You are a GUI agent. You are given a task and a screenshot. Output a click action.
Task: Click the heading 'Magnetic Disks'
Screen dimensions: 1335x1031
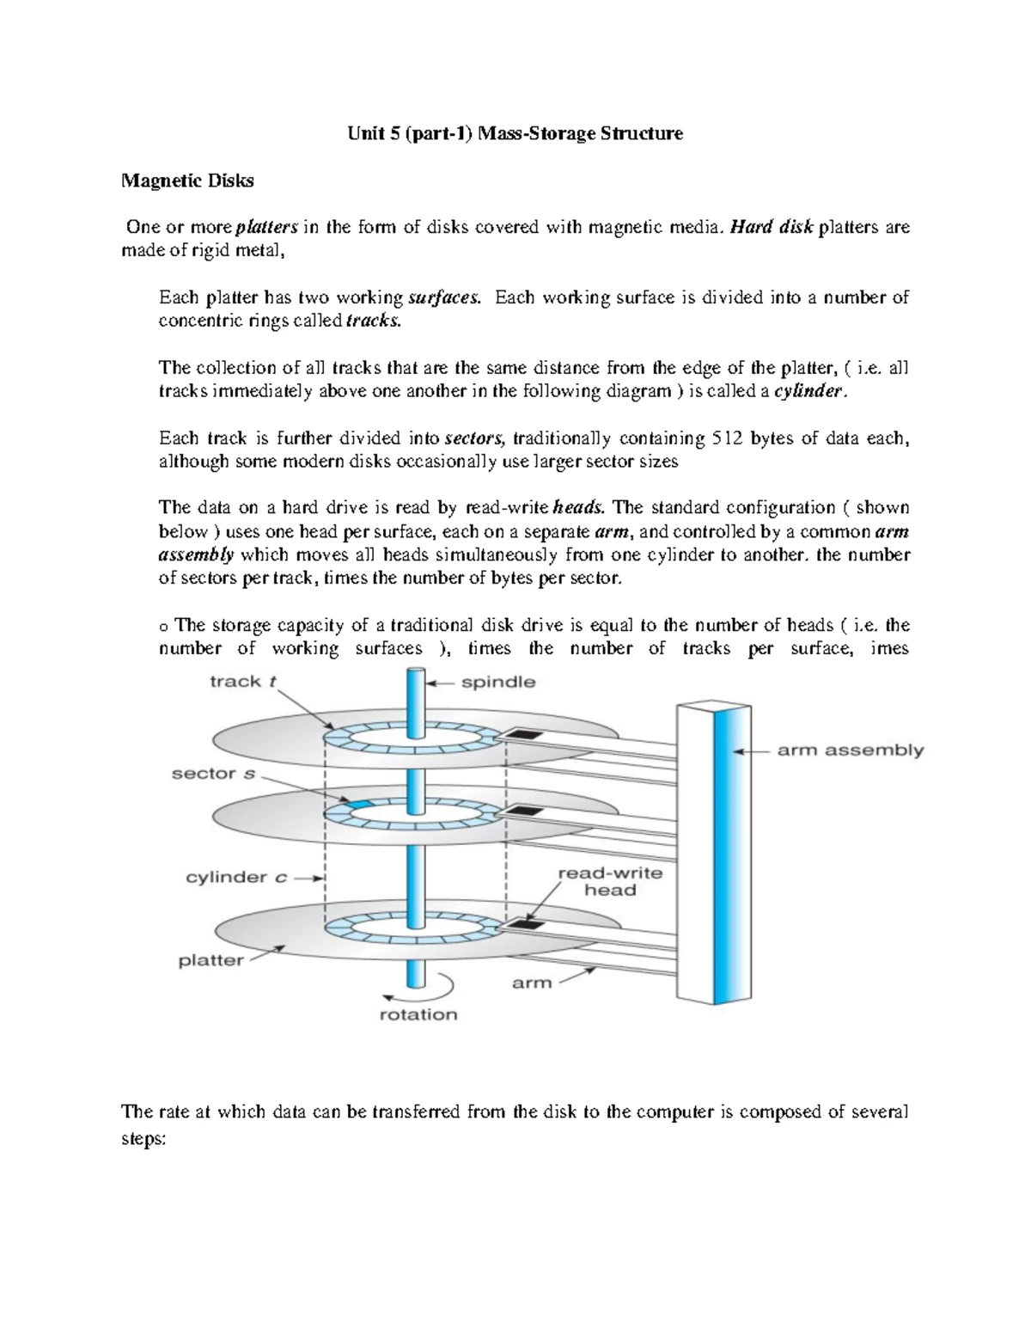[x=187, y=181]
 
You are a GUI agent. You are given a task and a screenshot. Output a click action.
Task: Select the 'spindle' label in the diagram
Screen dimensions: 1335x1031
[x=498, y=683]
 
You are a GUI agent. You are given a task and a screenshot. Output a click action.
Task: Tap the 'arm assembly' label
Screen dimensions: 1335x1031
[x=850, y=750]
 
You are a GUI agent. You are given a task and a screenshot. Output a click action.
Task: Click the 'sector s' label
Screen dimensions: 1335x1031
[x=213, y=774]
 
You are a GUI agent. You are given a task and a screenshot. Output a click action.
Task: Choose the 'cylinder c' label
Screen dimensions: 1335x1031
[x=236, y=878]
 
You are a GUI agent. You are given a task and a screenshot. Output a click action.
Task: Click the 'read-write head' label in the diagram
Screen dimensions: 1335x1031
[x=609, y=882]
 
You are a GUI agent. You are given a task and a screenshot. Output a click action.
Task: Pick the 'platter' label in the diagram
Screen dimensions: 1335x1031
[x=210, y=960]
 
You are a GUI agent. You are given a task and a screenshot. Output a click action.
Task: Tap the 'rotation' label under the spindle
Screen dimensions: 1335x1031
[x=418, y=1014]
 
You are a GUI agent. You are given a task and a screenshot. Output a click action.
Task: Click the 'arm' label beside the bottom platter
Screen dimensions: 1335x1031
[x=532, y=983]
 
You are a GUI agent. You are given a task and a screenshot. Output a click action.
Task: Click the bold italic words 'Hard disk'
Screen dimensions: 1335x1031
[x=771, y=228]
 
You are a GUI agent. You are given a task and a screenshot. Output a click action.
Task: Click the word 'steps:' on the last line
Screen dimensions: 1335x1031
[x=143, y=1138]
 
